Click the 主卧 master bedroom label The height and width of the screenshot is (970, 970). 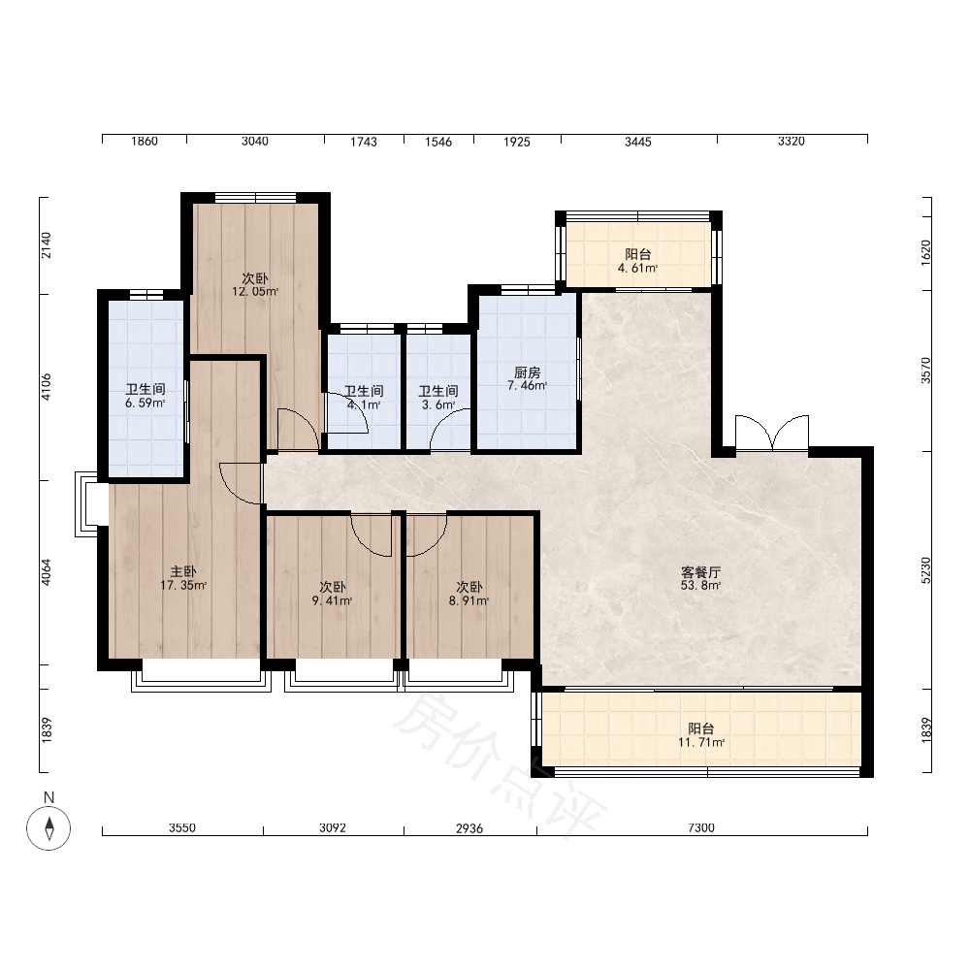coord(183,571)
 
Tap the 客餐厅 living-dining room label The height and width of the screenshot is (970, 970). coord(701,572)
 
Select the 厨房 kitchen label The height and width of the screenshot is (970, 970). coord(527,372)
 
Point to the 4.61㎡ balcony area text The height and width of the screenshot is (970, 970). coord(638,269)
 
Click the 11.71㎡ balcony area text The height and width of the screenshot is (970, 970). coord(701,742)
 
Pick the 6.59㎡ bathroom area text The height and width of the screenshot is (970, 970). coord(145,404)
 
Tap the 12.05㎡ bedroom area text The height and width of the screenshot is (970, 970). coord(255,292)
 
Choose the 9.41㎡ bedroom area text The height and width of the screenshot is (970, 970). coord(332,600)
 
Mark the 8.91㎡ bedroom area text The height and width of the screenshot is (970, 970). coord(469,600)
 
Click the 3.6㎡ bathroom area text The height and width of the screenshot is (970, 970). coord(438,405)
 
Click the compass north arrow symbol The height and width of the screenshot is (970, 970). coord(48,828)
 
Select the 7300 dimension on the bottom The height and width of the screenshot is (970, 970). coord(701,827)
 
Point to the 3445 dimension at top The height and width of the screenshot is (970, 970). coord(638,142)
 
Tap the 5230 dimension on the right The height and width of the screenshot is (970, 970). coord(925,570)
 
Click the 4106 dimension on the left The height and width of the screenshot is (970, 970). coord(47,387)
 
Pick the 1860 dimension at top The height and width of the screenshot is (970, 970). coord(145,141)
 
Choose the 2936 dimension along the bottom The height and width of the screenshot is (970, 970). coord(469,828)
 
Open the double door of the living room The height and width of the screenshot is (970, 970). coord(772,433)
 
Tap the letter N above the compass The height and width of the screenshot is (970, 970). coord(48,797)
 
